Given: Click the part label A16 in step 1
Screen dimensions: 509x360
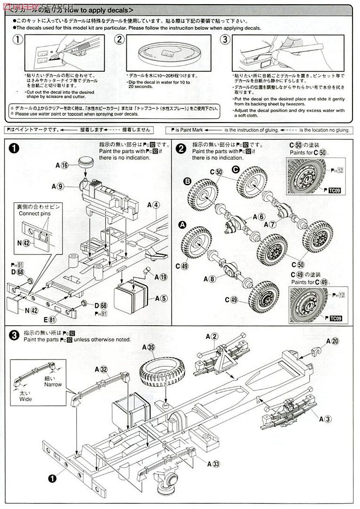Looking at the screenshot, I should pos(62,165).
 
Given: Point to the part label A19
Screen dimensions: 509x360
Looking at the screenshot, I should pos(160,277).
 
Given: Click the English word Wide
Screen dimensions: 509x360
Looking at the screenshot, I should pos(25,399).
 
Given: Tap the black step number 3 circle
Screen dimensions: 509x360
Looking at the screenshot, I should pos(15,336).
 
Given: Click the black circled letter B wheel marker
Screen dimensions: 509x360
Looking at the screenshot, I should pos(187,181).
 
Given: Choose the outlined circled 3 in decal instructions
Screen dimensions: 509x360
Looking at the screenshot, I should pos(225,40).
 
